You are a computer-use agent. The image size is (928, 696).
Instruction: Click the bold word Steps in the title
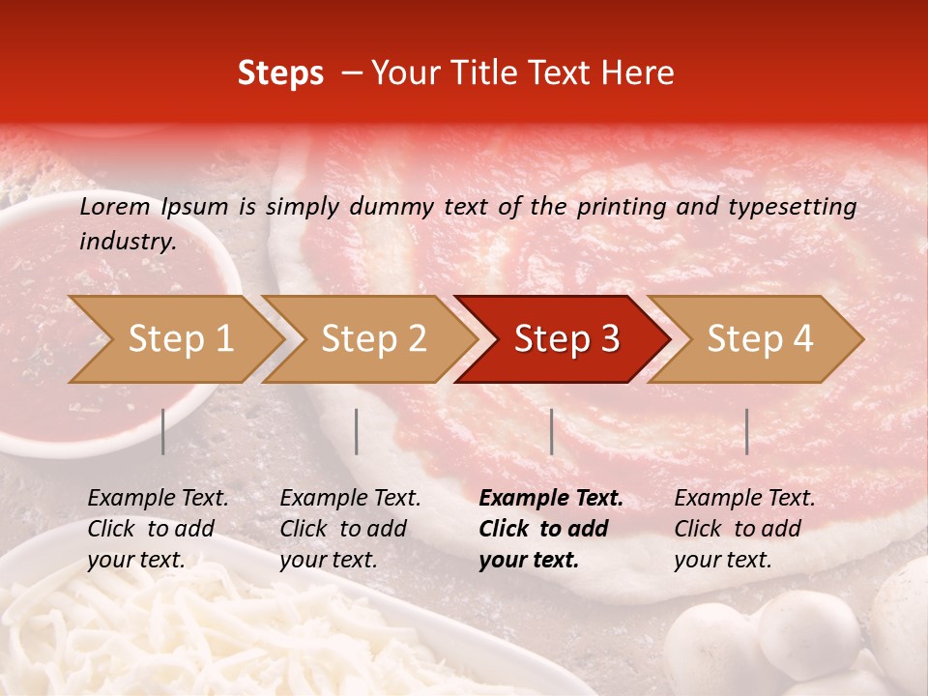(280, 72)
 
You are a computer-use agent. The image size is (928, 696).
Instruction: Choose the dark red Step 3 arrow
(566, 338)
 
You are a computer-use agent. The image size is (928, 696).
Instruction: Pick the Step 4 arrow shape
(760, 338)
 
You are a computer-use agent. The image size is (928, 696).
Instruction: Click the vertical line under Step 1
(163, 431)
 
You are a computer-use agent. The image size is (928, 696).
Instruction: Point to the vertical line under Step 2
(357, 431)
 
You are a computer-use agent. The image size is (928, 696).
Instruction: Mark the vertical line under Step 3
(551, 431)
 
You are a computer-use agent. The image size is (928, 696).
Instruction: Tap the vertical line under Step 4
(746, 431)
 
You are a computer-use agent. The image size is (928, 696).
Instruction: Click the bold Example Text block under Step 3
(551, 529)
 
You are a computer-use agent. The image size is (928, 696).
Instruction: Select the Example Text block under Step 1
(158, 529)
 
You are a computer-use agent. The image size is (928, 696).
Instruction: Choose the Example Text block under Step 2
(350, 529)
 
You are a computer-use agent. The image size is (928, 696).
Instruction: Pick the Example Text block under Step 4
(744, 529)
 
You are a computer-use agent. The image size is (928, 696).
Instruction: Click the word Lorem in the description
(114, 206)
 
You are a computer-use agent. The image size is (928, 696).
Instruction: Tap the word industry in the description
(128, 241)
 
